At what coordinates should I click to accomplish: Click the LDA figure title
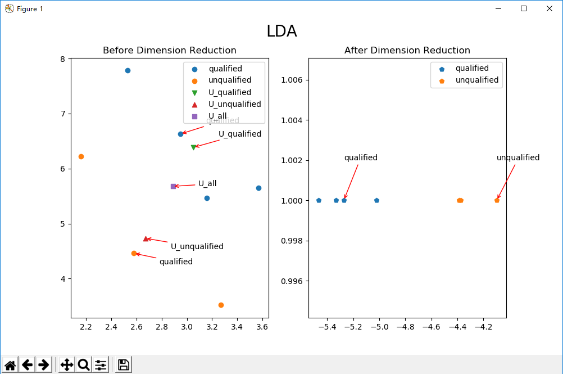pyautogui.click(x=281, y=31)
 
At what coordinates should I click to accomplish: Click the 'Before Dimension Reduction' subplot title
pyautogui.click(x=169, y=51)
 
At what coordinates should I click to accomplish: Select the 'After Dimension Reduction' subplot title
pyautogui.click(x=407, y=51)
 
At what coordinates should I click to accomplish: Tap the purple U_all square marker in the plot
pyautogui.click(x=173, y=186)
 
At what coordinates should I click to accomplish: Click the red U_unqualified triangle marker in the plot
pyautogui.click(x=146, y=239)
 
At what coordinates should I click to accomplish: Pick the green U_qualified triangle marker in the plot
pyautogui.click(x=193, y=147)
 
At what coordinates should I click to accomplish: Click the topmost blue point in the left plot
pyautogui.click(x=128, y=71)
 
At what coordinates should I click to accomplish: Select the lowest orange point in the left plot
pyautogui.click(x=221, y=305)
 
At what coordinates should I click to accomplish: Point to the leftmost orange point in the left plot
pyautogui.click(x=81, y=156)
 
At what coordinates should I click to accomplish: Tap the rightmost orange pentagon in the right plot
pyautogui.click(x=497, y=200)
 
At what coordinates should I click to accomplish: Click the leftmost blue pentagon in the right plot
pyautogui.click(x=319, y=200)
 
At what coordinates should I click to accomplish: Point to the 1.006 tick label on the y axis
pyautogui.click(x=292, y=80)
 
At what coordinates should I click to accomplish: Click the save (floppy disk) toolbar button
pyautogui.click(x=124, y=364)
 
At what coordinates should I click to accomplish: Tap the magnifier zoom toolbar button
pyautogui.click(x=84, y=364)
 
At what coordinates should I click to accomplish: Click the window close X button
pyautogui.click(x=549, y=8)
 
